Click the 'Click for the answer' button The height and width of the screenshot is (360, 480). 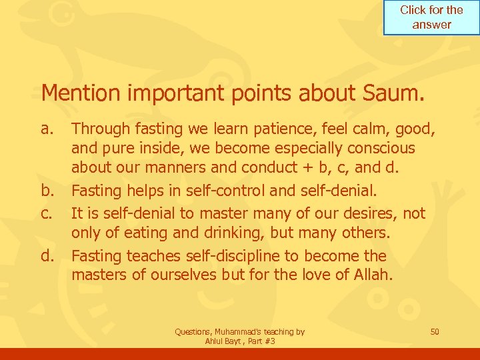(431, 17)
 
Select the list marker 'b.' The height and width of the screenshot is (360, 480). (49, 191)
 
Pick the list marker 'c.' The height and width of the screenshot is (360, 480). (48, 213)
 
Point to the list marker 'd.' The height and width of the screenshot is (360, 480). (49, 256)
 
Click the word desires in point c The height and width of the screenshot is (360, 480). (369, 213)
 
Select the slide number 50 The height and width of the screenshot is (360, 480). (435, 331)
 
